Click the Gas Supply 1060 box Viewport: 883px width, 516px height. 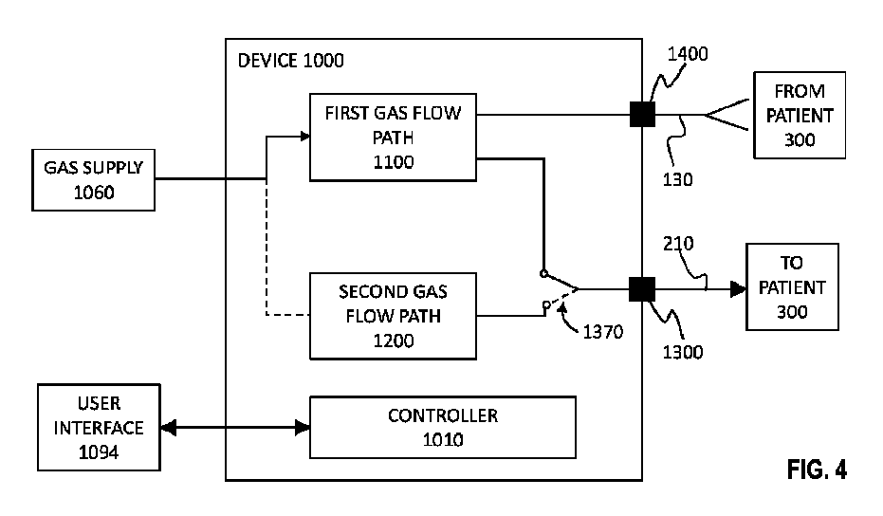click(x=93, y=178)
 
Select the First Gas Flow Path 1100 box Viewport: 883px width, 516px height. click(x=393, y=137)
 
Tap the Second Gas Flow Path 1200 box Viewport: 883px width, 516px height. click(x=393, y=315)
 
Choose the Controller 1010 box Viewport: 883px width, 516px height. click(x=442, y=428)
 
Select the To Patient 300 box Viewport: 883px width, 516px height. click(x=791, y=286)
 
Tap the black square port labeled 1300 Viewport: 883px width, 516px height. click(x=643, y=286)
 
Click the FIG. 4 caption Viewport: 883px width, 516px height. click(x=816, y=469)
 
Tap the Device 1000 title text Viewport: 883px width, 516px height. click(x=292, y=62)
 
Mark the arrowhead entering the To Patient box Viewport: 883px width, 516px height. click(x=737, y=286)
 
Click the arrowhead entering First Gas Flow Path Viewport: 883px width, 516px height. click(x=304, y=137)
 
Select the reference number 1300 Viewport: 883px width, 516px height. click(x=682, y=353)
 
